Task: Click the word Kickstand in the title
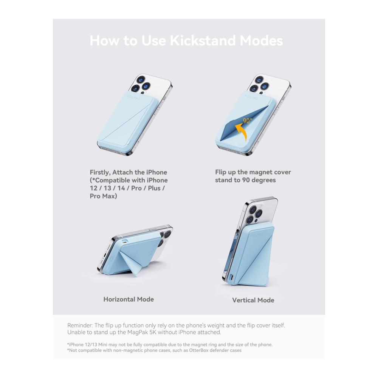click(203, 40)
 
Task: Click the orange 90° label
click(248, 120)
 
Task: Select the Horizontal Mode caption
click(129, 299)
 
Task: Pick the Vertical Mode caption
click(253, 300)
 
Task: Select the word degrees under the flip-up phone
click(264, 180)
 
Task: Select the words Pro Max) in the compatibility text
click(104, 196)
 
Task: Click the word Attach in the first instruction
click(122, 172)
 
